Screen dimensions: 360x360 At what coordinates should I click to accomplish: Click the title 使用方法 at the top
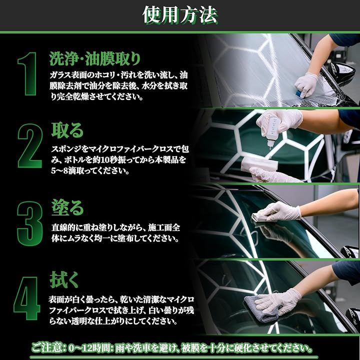pyautogui.click(x=180, y=15)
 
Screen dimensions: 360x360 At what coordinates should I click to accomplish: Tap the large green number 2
pyautogui.click(x=30, y=146)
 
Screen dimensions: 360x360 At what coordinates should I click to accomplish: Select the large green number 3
pyautogui.click(x=30, y=224)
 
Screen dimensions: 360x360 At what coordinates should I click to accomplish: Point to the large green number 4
pyautogui.click(x=27, y=298)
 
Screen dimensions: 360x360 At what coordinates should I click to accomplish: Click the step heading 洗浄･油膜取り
pyautogui.click(x=95, y=58)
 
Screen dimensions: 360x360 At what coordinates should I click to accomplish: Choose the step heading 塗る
pyautogui.click(x=67, y=207)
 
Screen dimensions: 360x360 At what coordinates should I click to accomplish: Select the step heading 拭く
pyautogui.click(x=64, y=279)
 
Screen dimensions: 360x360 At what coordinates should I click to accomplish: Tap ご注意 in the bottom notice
pyautogui.click(x=46, y=348)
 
